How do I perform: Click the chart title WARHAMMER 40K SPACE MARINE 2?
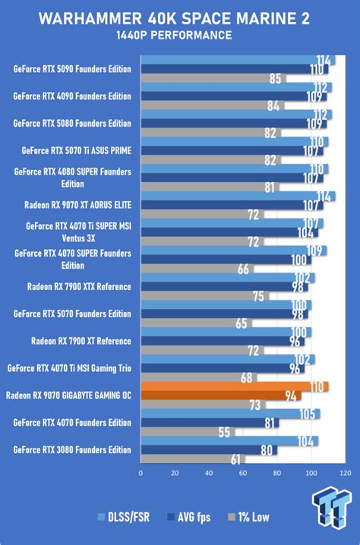pos(180,17)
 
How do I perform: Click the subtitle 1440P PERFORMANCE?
pos(180,35)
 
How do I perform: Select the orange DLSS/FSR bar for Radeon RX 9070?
pos(234,386)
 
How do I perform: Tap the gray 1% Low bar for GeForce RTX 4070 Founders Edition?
pos(187,431)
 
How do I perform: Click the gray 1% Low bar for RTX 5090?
pos(213,77)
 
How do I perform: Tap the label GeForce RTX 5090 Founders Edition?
pos(72,69)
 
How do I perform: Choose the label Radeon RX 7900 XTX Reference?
pos(79,286)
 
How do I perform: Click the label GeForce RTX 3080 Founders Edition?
pos(72,449)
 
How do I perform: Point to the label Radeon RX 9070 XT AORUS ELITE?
pos(78,204)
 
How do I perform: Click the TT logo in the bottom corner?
pos(333,504)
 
